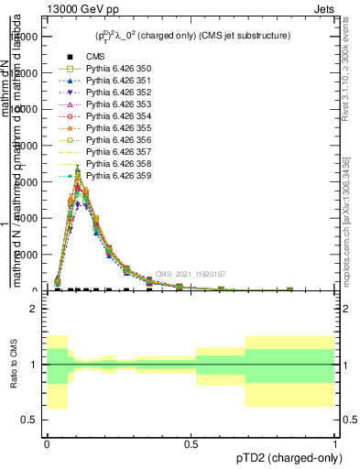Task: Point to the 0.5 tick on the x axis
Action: point(191,444)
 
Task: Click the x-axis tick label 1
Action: point(334,444)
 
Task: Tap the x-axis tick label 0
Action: point(48,444)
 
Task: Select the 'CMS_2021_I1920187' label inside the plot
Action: point(190,274)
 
